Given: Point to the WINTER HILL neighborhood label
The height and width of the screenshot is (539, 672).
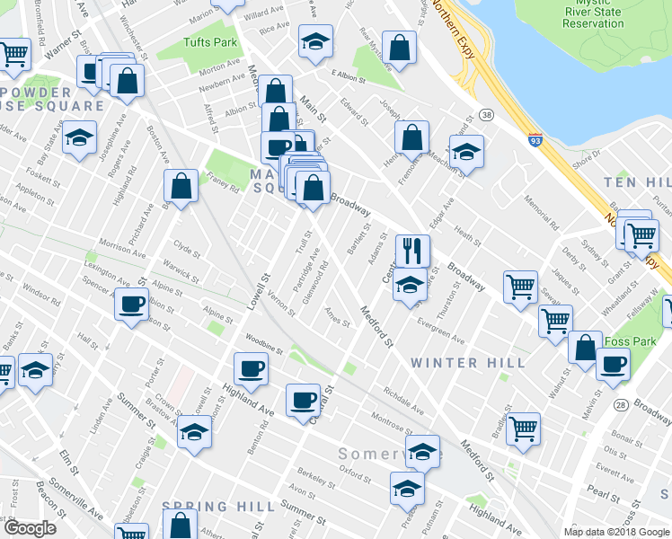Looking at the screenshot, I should tap(468, 363).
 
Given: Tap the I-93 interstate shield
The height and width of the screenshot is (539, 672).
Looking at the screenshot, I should tap(535, 140).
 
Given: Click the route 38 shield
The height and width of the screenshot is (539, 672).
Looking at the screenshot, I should tap(487, 115).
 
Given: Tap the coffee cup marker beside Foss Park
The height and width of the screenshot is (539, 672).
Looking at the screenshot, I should tap(613, 364).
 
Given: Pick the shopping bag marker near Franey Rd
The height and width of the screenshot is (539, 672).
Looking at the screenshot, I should tap(181, 186).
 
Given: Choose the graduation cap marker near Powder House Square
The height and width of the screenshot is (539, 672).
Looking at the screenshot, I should tap(80, 138).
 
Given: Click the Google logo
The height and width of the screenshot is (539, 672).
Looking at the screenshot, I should tap(30, 528).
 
